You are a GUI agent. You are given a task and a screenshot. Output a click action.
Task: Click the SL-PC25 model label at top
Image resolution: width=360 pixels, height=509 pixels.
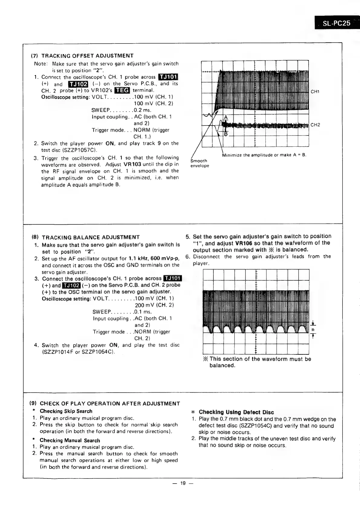click(336, 23)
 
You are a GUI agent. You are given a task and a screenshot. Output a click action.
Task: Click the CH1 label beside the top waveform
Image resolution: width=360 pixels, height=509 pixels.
click(315, 92)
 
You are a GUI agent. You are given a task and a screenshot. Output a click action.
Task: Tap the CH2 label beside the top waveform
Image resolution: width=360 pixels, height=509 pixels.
click(315, 125)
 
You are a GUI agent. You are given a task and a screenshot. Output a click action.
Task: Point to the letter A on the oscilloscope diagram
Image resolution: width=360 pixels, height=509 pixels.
click(225, 118)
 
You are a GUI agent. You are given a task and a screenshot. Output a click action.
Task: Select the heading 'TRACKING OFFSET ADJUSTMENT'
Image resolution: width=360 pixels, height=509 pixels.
click(87, 56)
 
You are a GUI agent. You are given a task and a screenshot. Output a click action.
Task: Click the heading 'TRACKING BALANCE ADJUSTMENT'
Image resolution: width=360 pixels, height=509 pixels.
click(91, 237)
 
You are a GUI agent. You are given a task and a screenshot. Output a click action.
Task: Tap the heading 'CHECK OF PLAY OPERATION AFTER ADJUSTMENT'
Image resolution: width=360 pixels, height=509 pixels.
click(110, 403)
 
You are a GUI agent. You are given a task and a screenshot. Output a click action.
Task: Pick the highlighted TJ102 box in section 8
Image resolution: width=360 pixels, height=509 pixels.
click(71, 285)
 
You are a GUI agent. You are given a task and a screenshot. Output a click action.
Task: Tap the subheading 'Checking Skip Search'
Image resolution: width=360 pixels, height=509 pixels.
click(66, 411)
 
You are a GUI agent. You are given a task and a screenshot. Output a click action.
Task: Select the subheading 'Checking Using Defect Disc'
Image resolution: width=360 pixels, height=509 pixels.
click(236, 412)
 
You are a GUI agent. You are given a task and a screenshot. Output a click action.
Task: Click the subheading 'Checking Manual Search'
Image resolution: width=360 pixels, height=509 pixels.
click(70, 440)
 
